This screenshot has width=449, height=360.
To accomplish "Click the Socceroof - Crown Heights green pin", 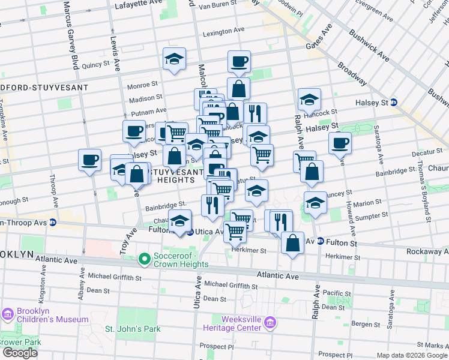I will [144, 259].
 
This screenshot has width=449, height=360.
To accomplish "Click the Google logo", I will [20, 353].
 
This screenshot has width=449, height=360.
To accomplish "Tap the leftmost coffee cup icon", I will [89, 160].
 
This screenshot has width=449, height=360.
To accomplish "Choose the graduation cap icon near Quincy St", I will [174, 59].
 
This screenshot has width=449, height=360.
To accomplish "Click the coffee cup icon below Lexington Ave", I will [239, 61].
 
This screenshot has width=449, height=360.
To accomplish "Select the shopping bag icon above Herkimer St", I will [292, 244].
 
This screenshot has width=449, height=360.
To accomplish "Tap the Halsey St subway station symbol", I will [393, 103].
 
